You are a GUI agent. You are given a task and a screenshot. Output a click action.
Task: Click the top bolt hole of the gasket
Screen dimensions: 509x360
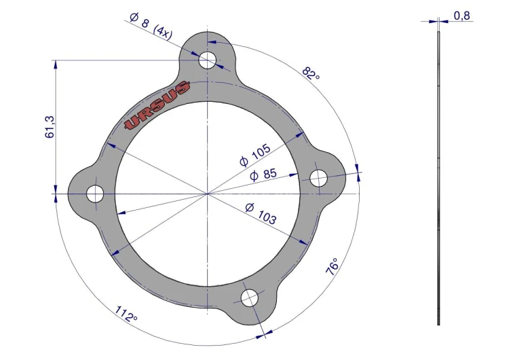pos(207,60)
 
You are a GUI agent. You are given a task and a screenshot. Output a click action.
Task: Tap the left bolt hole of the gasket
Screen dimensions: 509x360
pos(95,194)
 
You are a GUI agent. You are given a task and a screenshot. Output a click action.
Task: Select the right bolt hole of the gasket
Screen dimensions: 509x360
pos(319,178)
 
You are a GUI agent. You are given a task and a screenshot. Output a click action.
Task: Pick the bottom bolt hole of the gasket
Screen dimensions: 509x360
pos(250,298)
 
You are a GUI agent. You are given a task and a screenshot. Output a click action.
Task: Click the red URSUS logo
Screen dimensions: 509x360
pos(157,105)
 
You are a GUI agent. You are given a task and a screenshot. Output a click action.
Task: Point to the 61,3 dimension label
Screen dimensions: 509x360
pos(50,127)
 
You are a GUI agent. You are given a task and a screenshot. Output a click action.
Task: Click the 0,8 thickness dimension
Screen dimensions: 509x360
pos(461,16)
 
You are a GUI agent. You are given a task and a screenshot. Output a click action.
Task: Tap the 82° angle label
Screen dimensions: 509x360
pos(311,73)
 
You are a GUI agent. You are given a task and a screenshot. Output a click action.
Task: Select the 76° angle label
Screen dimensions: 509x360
pos(332,267)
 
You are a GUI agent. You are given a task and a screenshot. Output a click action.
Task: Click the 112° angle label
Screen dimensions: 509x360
pos(126,314)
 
